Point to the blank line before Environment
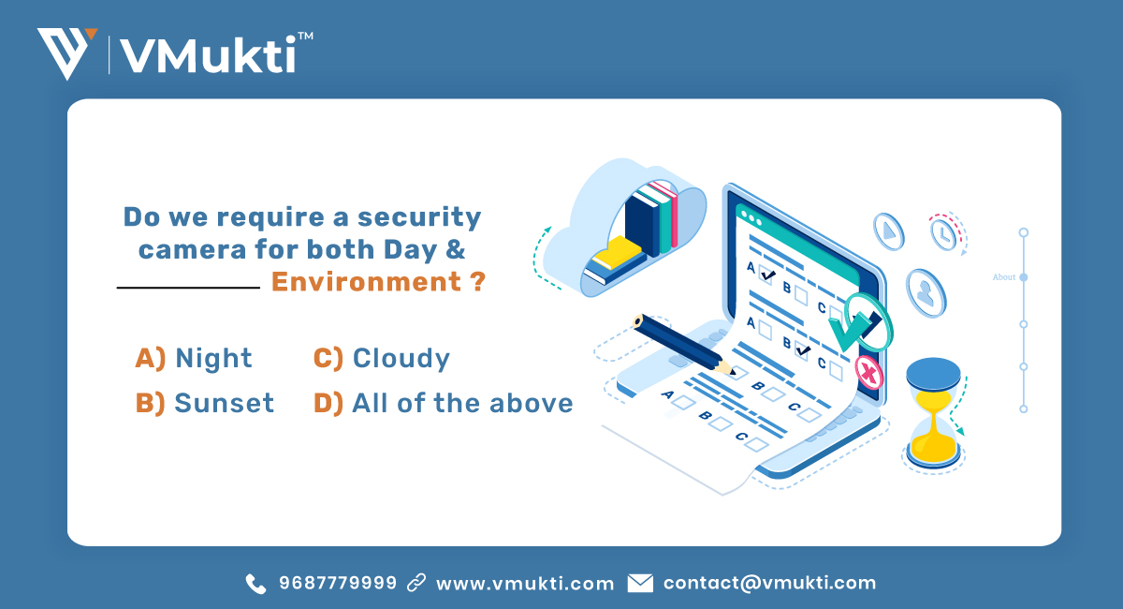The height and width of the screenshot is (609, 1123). pos(187,288)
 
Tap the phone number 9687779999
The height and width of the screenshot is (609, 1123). pos(337,583)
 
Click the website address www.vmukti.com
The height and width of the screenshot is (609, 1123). pos(525,583)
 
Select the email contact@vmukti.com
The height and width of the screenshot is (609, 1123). pos(769,583)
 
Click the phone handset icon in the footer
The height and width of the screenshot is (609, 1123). pos(255,584)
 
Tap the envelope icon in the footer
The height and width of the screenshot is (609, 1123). pos(640,583)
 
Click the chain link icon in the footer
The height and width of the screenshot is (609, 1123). pos(416,583)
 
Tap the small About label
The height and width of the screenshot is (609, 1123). pos(1004,277)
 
